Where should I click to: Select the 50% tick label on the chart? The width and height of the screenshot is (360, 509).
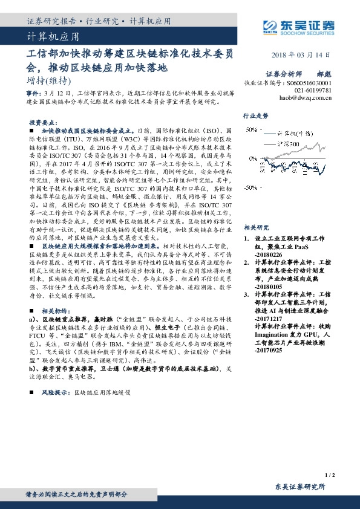[x=250, y=130]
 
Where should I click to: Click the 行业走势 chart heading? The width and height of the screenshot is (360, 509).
[x=255, y=114]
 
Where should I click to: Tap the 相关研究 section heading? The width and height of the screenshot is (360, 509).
[x=255, y=211]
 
